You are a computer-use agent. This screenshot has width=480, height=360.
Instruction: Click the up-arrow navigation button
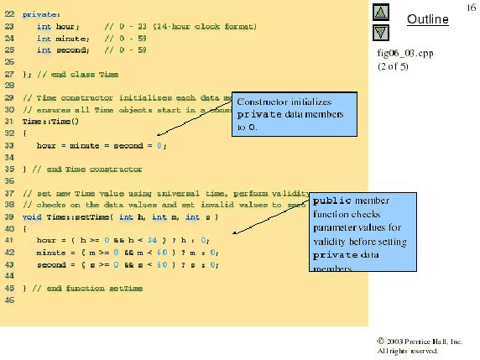tap(380, 13)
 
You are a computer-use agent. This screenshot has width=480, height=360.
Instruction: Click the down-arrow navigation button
tap(380, 33)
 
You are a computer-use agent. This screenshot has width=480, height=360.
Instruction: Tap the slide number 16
tap(471, 7)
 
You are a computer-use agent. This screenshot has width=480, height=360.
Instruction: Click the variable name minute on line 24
tap(67, 39)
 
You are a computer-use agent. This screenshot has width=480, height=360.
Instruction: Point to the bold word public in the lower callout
tap(332, 201)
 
